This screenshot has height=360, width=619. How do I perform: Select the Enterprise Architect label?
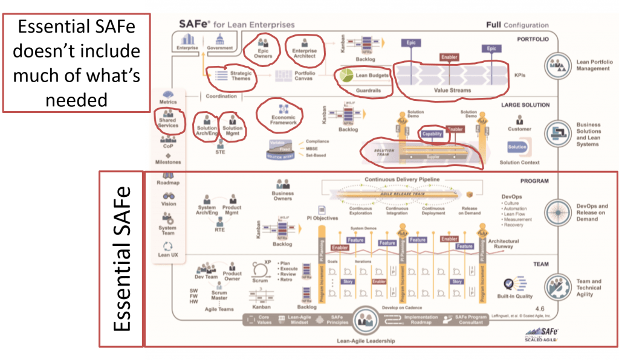(x=304, y=55)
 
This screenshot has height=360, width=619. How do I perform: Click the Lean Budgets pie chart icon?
(x=346, y=76)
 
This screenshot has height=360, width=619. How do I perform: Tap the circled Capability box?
(x=432, y=134)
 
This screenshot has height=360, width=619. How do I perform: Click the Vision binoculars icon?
(x=169, y=196)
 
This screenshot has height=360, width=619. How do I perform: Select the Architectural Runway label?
(x=503, y=243)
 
